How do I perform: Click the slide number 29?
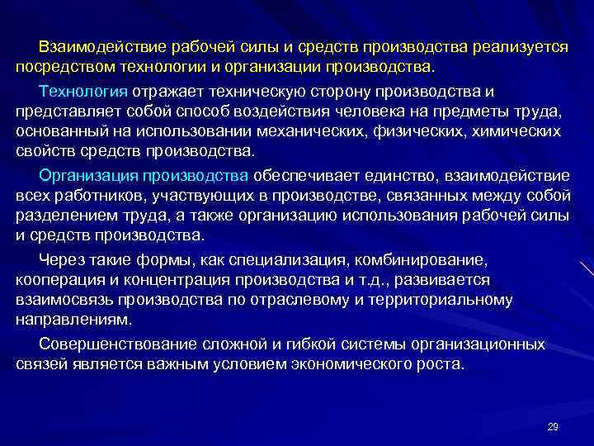[x=553, y=426]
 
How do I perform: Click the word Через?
[x=61, y=259]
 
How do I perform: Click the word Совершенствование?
[x=115, y=343]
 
